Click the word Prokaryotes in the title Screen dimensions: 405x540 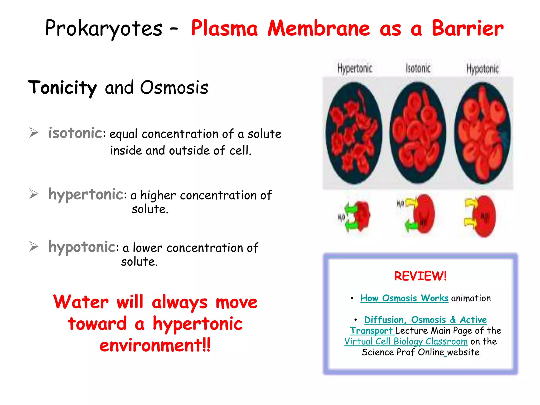point(104,28)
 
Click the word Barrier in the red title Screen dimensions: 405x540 point(467,28)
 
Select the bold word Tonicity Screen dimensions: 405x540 point(62,88)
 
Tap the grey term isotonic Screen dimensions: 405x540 point(75,133)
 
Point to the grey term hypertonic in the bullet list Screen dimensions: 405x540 point(86,195)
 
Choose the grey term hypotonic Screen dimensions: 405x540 point(82,247)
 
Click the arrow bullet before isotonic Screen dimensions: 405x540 point(34,133)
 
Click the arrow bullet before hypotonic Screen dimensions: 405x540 point(34,247)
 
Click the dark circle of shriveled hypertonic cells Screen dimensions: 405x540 point(354,133)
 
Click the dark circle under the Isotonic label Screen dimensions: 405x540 point(418,133)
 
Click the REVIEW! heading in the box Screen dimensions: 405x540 point(420,276)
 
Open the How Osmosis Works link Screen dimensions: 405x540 point(404,298)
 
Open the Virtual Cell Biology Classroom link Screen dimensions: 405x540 point(406,341)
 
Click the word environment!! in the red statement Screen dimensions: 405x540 point(155,345)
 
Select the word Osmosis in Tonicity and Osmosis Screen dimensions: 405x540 point(174,88)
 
